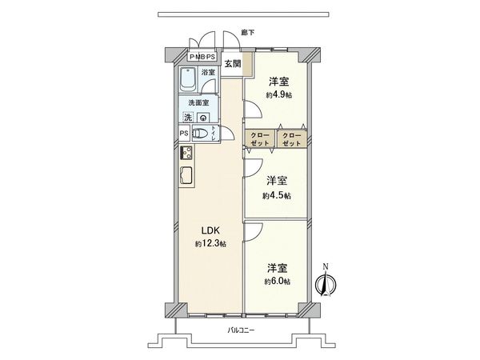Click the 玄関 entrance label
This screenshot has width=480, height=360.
coord(232,62)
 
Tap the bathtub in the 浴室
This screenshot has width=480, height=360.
coord(190,84)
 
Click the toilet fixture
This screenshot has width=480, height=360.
coord(202,134)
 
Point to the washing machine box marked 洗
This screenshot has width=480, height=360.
coord(187,118)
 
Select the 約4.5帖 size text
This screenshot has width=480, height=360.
coord(278,194)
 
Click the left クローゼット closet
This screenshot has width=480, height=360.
coord(259,138)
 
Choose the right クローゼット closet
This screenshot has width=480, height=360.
coord(292,138)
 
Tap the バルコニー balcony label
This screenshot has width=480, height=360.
coord(241,331)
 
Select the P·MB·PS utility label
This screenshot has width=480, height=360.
coord(200,56)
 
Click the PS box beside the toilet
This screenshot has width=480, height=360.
coord(183,134)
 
